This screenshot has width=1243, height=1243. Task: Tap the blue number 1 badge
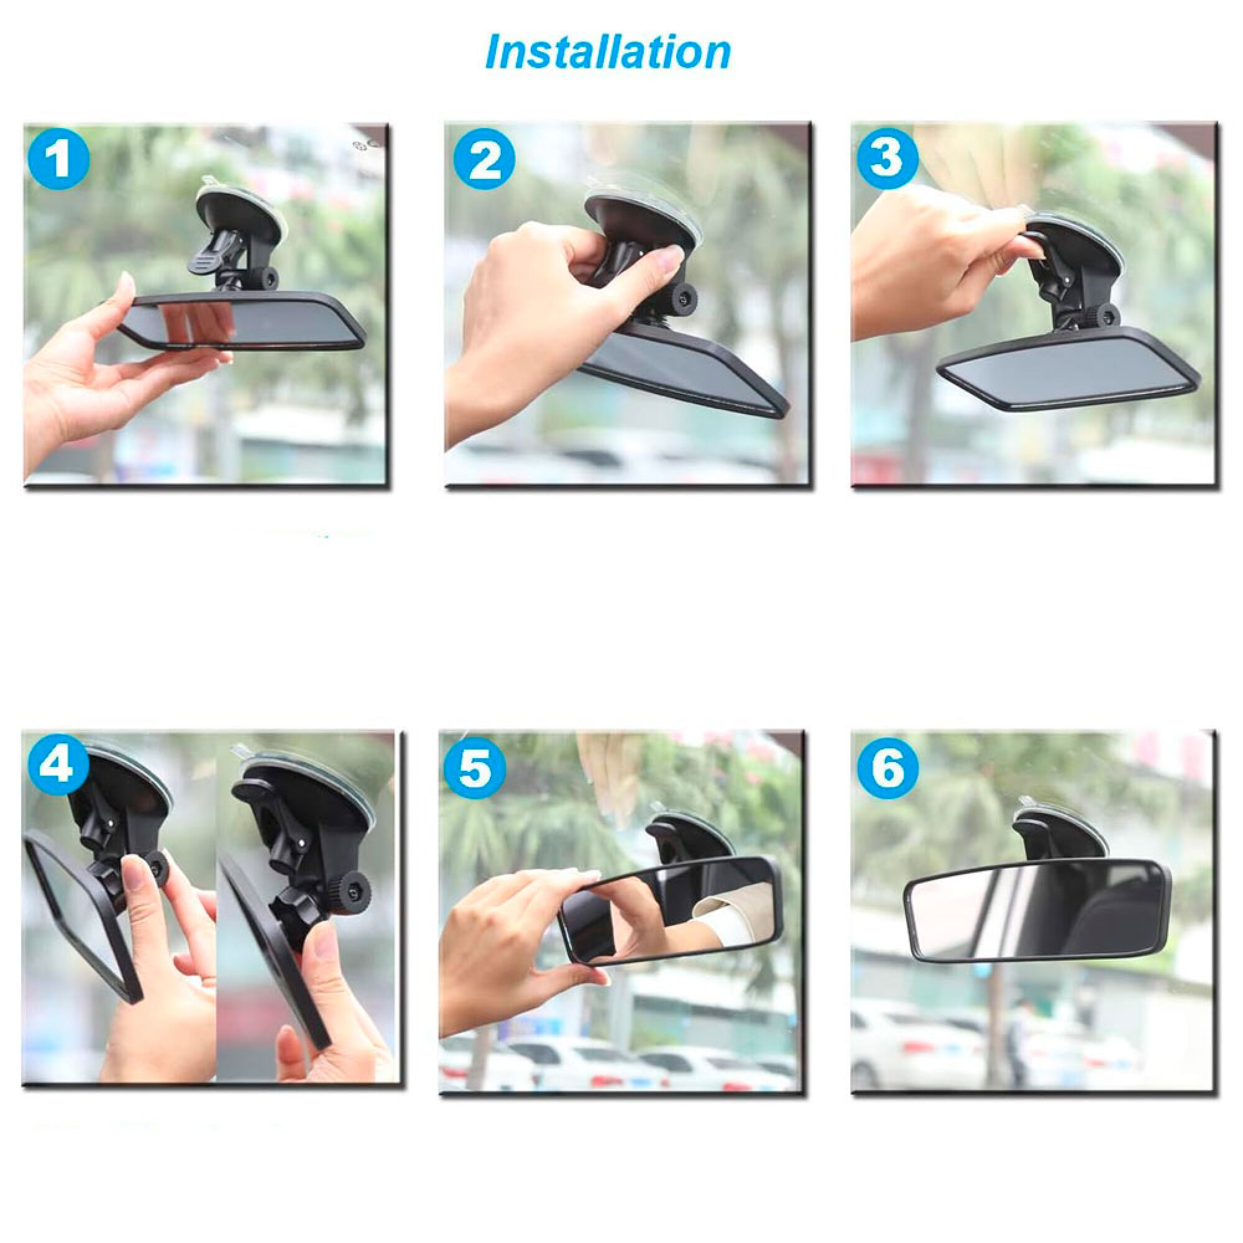point(58,158)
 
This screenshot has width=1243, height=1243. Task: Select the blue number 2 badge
point(485,160)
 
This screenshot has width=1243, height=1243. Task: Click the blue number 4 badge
point(58,766)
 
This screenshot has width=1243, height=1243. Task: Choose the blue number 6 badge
point(888,767)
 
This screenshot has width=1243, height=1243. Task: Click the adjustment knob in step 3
point(1104,315)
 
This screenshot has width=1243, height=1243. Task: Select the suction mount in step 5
point(689,837)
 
